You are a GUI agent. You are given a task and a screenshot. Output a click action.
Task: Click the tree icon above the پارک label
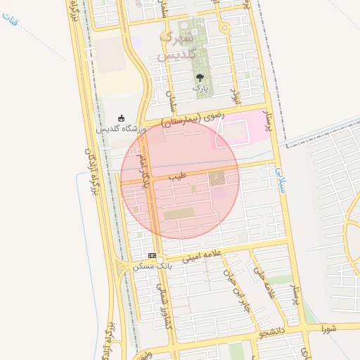point(200,78)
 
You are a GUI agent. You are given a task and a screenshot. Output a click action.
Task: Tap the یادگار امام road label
point(146,169)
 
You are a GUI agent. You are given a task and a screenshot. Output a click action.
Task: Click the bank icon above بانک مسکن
point(151,255)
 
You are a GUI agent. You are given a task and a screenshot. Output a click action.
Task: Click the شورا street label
point(327,328)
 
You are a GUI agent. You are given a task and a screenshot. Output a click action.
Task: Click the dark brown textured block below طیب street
point(217,179)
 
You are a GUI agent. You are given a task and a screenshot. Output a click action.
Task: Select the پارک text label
point(201,89)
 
